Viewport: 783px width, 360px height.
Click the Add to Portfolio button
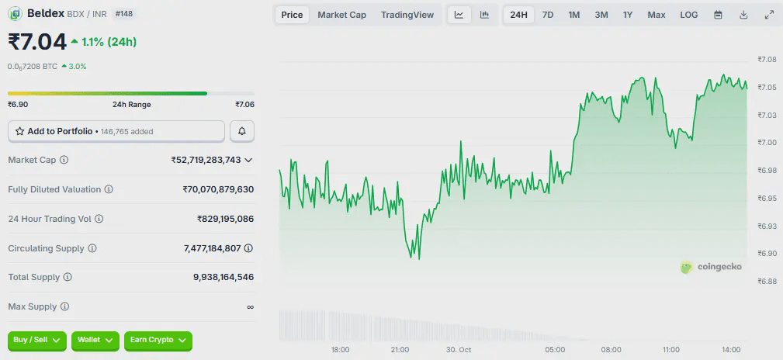[116, 131]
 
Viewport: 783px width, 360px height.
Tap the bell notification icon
[242, 131]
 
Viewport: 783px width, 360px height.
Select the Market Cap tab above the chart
[341, 15]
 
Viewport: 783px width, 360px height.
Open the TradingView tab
[407, 15]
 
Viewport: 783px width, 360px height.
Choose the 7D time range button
[548, 15]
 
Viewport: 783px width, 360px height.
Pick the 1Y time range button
[627, 15]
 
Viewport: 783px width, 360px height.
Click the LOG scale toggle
[688, 15]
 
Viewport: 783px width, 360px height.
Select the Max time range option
[656, 15]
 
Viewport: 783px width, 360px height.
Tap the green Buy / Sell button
[37, 340]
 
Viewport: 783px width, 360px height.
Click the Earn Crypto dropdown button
[158, 340]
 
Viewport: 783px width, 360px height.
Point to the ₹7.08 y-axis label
[767, 59]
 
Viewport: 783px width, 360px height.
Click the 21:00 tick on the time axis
[400, 350]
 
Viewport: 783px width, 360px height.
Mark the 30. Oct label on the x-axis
[458, 350]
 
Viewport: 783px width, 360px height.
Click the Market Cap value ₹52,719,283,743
[206, 160]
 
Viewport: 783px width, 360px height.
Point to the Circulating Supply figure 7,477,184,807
[218, 248]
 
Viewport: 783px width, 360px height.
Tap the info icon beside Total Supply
[68, 277]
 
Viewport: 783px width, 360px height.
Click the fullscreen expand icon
[769, 15]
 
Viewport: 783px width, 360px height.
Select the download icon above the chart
[743, 15]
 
